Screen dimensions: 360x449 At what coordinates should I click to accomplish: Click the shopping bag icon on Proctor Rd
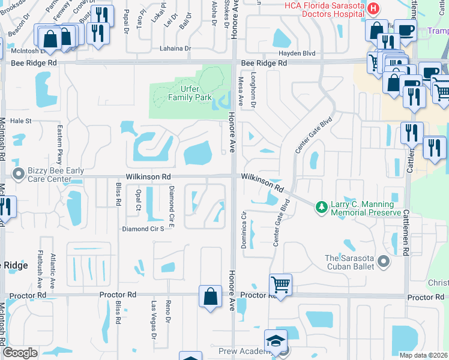(x=210, y=296)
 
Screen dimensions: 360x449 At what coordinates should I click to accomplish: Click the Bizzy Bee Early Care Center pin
(x=18, y=175)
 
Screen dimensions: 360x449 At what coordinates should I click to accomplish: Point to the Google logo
(x=20, y=353)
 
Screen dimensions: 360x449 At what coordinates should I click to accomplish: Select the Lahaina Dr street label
(x=175, y=48)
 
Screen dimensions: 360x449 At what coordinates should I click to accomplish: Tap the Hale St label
(x=20, y=121)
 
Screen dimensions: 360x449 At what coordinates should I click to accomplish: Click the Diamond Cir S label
(x=143, y=229)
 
